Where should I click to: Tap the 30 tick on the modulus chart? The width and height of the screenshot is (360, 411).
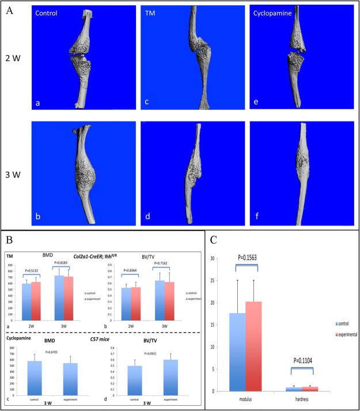tap(212, 258)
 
